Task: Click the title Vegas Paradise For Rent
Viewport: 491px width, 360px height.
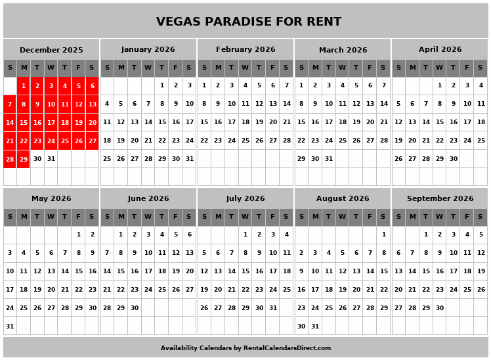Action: [x=248, y=22]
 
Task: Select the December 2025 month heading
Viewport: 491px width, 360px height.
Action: [x=51, y=49]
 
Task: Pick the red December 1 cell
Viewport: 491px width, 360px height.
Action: [x=24, y=85]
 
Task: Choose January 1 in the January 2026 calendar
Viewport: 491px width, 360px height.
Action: [x=161, y=85]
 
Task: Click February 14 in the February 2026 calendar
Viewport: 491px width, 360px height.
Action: [x=286, y=104]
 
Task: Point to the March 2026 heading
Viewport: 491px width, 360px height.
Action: [x=343, y=49]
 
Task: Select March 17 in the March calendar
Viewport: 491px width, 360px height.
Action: [x=329, y=122]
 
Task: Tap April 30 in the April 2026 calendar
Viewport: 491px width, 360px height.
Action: [x=453, y=159]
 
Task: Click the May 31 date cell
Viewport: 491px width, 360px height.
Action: [x=10, y=326]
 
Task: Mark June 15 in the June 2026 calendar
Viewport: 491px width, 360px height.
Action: [x=121, y=271]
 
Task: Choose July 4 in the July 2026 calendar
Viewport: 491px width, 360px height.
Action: [x=286, y=234]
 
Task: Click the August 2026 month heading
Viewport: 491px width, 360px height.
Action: [x=343, y=198]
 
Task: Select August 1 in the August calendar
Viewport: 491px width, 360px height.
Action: [x=383, y=234]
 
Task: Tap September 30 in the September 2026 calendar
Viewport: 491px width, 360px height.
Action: [x=439, y=307]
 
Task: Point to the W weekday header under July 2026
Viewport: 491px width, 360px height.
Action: [x=245, y=217]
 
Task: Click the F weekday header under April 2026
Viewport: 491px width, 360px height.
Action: [x=467, y=68]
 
